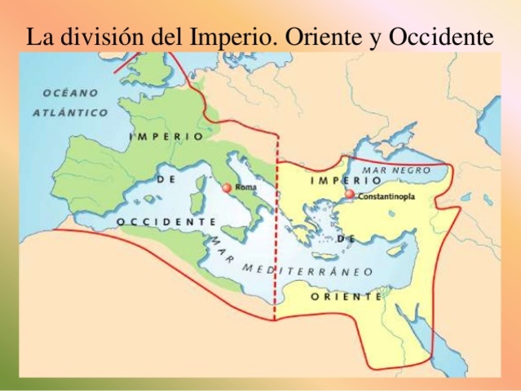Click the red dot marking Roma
pos(227,188)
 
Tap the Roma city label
pos(245,188)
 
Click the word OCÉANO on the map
pos(70,94)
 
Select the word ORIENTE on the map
pos(346,297)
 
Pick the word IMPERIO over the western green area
pos(166,136)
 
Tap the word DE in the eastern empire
pos(346,239)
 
